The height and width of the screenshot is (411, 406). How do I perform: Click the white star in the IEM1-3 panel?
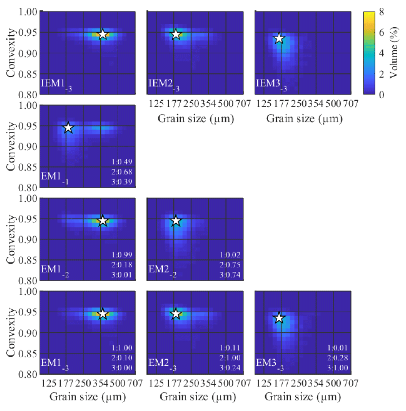[103, 34]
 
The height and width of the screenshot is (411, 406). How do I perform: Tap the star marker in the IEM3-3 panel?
[279, 38]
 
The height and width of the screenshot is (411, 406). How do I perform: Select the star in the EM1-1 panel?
[68, 128]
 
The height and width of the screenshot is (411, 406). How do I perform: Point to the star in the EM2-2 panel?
[176, 221]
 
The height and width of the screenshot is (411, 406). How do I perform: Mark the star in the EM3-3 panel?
[279, 318]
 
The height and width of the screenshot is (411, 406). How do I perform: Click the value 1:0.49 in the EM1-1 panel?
[122, 162]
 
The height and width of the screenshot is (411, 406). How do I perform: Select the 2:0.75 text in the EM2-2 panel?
[230, 265]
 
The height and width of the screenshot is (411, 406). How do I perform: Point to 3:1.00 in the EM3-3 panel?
[337, 368]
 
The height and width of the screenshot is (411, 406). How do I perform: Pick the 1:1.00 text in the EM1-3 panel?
[122, 348]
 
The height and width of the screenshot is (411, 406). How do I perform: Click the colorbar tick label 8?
[381, 12]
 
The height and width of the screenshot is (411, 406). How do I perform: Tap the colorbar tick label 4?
[381, 53]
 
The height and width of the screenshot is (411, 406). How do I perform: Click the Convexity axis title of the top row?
[11, 53]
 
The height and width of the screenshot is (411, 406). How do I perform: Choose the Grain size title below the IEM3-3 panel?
[304, 118]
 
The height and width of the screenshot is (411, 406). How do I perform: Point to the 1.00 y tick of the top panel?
[28, 12]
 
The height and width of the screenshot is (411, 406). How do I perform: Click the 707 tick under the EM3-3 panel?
[351, 383]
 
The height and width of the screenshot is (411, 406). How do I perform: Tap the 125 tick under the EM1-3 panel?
[49, 383]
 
